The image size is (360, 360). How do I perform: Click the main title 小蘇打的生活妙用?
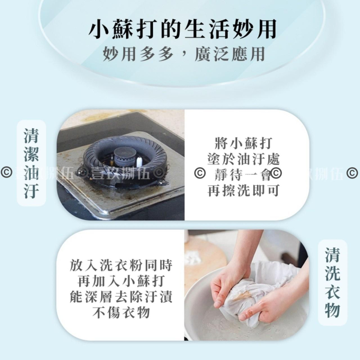182,30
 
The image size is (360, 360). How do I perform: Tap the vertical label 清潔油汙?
31,163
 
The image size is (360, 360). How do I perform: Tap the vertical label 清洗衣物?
332,284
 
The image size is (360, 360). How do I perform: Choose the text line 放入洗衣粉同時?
121,266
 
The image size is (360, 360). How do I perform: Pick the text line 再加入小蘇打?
121,282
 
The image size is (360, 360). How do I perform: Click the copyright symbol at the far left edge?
5,174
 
